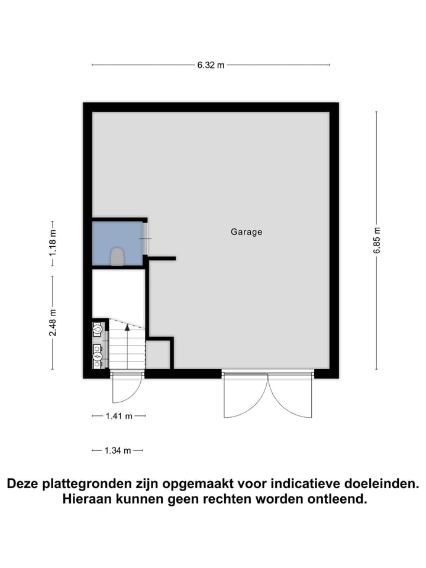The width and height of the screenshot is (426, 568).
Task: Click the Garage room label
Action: click(x=246, y=232)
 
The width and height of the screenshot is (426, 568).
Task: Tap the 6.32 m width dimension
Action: click(x=211, y=65)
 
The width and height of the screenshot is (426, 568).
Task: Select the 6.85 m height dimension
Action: click(x=377, y=241)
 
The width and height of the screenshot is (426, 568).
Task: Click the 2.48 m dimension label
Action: click(x=53, y=323)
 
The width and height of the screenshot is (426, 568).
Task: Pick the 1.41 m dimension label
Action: click(x=118, y=416)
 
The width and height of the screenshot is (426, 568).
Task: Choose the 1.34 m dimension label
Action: click(x=117, y=451)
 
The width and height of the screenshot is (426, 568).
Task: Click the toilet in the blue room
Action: click(x=117, y=257)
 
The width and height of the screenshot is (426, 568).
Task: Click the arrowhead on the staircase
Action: click(x=127, y=327)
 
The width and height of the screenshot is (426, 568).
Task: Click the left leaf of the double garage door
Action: click(x=246, y=396)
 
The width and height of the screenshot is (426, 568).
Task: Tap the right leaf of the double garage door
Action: click(x=291, y=396)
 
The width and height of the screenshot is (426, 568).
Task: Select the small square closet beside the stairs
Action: click(x=158, y=354)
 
